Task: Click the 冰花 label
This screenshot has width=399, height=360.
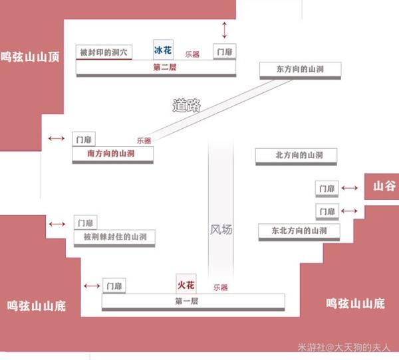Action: pyautogui.click(x=163, y=50)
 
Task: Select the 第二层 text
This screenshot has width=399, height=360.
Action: pyautogui.click(x=163, y=67)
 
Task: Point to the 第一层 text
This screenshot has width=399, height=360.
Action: pyautogui.click(x=188, y=302)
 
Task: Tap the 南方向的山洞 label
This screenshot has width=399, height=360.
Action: pyautogui.click(x=112, y=153)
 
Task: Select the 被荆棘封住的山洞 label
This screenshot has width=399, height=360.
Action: pyautogui.click(x=115, y=236)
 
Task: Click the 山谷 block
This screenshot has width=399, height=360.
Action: pyautogui.click(x=381, y=187)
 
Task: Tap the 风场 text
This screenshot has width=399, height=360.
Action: pyautogui.click(x=221, y=230)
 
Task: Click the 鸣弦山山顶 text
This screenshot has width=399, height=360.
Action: pyautogui.click(x=31, y=58)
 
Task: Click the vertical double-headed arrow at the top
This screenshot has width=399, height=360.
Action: pyautogui.click(x=225, y=30)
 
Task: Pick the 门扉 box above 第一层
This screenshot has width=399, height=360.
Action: pyautogui.click(x=115, y=286)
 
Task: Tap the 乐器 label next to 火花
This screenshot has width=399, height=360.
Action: pyautogui.click(x=220, y=288)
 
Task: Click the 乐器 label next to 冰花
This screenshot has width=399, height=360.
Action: pyautogui.click(x=192, y=54)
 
